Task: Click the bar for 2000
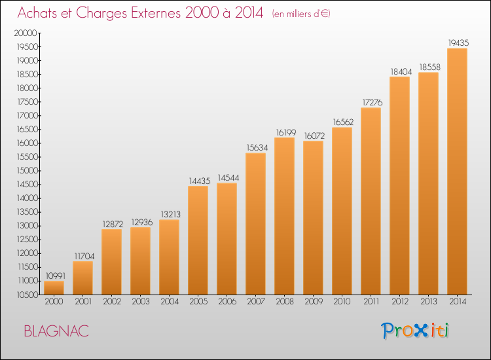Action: (54, 288)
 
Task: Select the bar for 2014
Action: (457, 171)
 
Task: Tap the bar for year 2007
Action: (255, 224)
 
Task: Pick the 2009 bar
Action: (313, 218)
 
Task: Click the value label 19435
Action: (458, 43)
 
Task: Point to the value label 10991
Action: (56, 276)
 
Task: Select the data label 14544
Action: (228, 178)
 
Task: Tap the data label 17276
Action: (373, 102)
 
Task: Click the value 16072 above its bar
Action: (314, 136)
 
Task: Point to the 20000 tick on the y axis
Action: (26, 33)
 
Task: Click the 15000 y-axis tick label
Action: (27, 171)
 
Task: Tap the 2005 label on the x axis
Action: (198, 302)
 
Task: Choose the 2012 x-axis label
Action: (400, 302)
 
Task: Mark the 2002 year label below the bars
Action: (112, 302)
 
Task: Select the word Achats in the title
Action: (37, 13)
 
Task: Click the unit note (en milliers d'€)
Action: (301, 14)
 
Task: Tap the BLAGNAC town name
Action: (56, 331)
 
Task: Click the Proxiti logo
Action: (415, 331)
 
